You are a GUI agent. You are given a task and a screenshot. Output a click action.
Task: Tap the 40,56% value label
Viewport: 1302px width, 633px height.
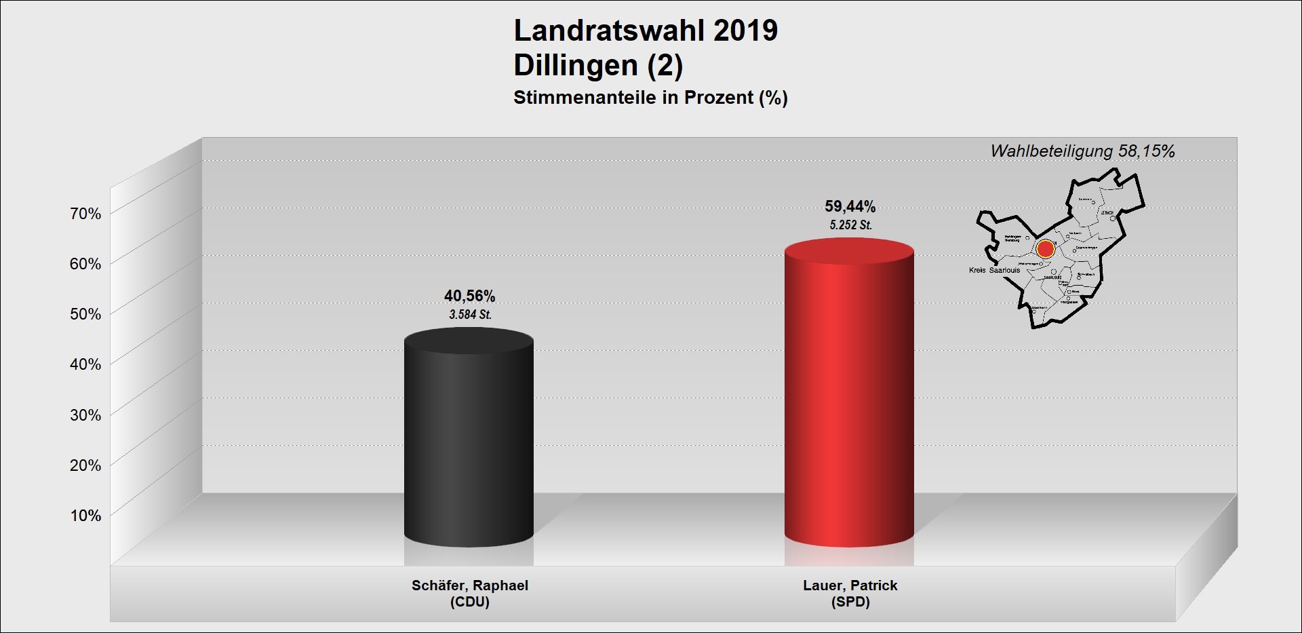[x=469, y=296]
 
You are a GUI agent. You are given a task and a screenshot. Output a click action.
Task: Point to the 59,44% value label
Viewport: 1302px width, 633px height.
[x=850, y=206]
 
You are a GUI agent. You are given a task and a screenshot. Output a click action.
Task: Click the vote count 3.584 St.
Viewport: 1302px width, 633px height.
[x=470, y=315]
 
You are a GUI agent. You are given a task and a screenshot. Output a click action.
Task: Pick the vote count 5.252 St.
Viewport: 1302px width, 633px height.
[x=850, y=225]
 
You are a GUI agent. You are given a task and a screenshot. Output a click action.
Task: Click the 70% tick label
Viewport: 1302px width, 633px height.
[x=85, y=214]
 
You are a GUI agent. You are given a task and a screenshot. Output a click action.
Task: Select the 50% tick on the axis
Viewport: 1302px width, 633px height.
[x=85, y=314]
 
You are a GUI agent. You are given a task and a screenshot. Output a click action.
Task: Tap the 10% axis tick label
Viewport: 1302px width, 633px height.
[x=85, y=516]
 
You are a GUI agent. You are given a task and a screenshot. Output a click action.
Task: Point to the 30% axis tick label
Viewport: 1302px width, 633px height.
[x=85, y=415]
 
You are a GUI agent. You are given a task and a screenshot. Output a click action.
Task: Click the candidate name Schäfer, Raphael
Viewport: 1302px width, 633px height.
[x=469, y=586]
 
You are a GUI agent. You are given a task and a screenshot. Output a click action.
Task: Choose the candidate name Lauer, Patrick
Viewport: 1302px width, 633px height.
[x=850, y=586]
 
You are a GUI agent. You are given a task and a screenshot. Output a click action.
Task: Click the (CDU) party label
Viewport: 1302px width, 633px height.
[x=469, y=602]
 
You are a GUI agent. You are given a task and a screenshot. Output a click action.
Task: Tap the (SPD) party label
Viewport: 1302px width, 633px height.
[x=850, y=602]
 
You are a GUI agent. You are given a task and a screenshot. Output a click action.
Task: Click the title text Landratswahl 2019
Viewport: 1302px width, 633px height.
[x=646, y=31]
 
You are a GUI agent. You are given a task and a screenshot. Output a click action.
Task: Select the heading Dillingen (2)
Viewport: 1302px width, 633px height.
[x=598, y=65]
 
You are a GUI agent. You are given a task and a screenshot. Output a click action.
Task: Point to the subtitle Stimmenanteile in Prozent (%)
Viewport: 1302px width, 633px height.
[x=650, y=98]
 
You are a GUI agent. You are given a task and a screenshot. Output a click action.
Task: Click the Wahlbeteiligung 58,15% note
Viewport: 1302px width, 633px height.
[x=1082, y=151]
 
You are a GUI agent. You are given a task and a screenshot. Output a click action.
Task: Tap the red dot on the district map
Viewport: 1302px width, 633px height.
[x=1045, y=248]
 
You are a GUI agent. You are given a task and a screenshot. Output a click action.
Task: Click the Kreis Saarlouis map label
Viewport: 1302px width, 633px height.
[x=994, y=270]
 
